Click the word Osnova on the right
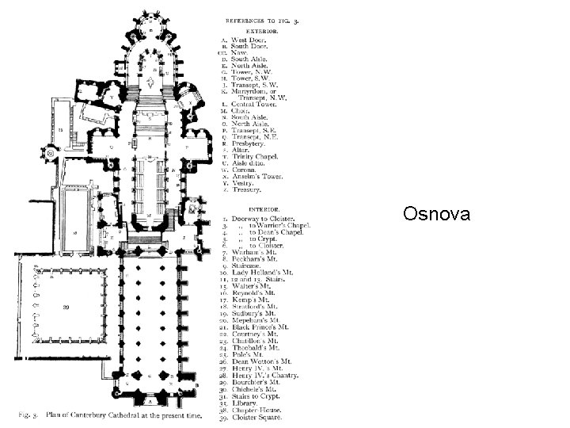[x=436, y=215]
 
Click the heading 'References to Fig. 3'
[x=251, y=17]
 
